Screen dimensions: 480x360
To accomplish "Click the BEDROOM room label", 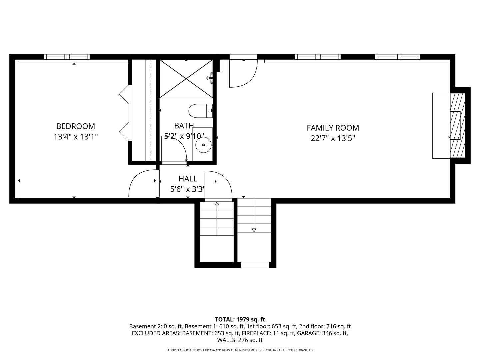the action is [76, 126].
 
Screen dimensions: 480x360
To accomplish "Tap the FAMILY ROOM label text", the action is [333, 128].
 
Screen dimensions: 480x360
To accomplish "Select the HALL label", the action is [188, 179].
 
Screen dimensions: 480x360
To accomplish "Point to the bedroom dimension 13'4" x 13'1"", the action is [76, 137].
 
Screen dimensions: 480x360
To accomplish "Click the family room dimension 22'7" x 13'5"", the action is [333, 138].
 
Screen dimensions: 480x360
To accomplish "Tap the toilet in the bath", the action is [201, 111].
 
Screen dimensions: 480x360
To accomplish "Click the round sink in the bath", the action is [204, 145].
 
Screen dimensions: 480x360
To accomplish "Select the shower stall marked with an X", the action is [186, 79].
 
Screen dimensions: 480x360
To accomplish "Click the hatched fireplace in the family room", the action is [457, 125].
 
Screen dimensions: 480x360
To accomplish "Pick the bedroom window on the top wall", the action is [67, 57].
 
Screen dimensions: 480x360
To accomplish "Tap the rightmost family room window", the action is [397, 57].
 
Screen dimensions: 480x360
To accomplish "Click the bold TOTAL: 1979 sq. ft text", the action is [240, 320].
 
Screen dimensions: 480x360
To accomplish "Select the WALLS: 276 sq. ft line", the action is [240, 340].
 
